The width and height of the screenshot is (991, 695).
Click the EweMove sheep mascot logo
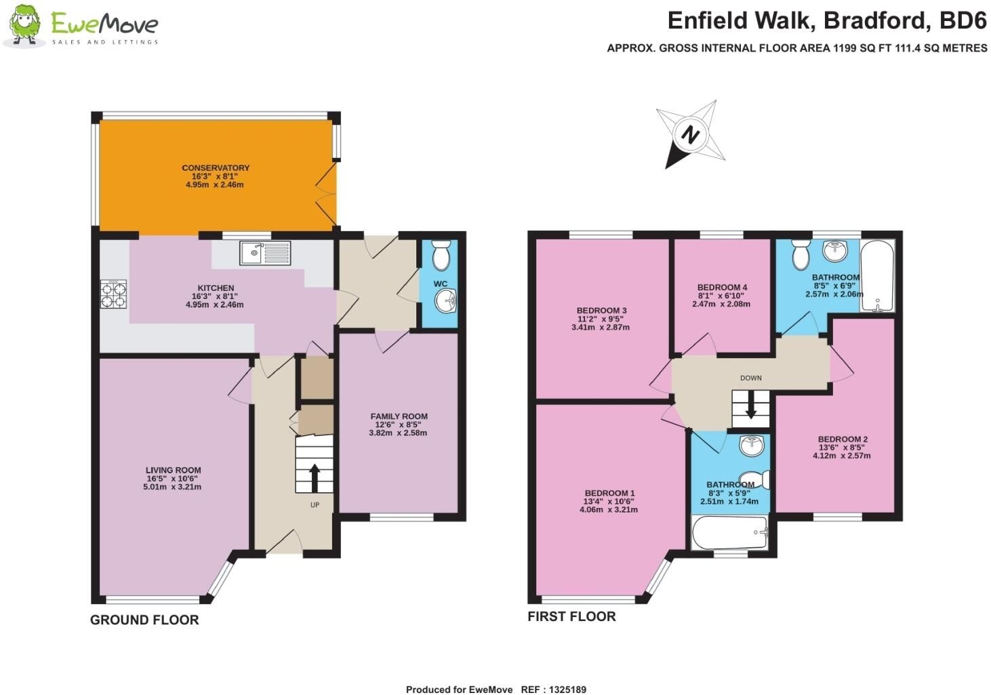[25, 25]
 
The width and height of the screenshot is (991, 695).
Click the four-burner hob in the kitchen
[114, 294]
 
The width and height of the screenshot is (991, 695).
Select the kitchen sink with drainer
[265, 253]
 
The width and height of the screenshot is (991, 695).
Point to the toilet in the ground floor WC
[441, 256]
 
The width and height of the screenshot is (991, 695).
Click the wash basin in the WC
[445, 300]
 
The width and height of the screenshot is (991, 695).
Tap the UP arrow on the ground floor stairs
[314, 478]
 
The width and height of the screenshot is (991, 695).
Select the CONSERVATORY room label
[216, 167]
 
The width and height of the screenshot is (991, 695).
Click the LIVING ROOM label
[173, 470]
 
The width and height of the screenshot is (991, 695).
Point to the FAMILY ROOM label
[399, 416]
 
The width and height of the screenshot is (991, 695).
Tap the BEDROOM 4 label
[722, 287]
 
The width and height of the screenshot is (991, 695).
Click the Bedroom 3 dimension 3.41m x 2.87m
[601, 327]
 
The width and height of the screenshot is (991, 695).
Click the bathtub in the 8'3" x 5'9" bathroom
[730, 532]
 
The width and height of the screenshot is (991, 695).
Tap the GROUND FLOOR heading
[144, 620]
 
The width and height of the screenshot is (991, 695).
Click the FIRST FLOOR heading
[571, 616]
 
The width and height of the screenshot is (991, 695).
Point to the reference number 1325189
[567, 690]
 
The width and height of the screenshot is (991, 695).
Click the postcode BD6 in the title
[969, 21]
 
